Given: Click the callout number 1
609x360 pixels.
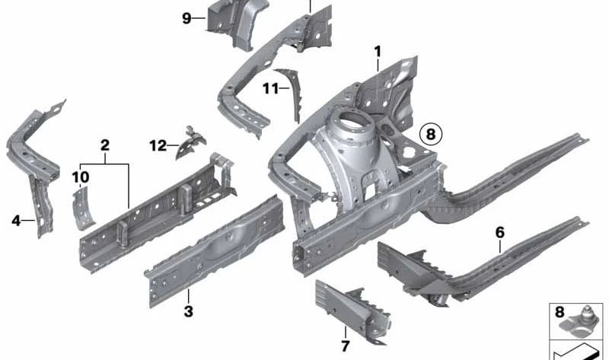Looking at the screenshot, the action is pos(378,52).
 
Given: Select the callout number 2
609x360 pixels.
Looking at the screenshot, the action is pos(105,145).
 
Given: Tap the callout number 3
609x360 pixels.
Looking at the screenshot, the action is pos(188,311).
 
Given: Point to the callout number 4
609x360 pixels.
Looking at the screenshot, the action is pos(15,221).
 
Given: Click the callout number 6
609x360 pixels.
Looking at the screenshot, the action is pos(500,233).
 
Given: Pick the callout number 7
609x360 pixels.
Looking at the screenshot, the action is pos(346,346).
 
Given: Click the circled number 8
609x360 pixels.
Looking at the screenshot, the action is pos(431,135).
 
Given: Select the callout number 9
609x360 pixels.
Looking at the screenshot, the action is pos(187,18).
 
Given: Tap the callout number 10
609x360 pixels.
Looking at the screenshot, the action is pos(81,177).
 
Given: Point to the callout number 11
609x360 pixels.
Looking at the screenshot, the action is pos(271,89).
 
